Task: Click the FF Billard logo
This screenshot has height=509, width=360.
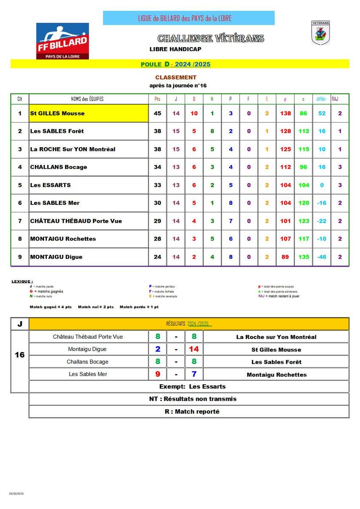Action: (x=62, y=41)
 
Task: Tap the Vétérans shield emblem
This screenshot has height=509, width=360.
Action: (x=321, y=33)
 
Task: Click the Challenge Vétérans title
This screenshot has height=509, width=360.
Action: (x=211, y=39)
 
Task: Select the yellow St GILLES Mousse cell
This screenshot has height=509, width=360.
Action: (x=88, y=113)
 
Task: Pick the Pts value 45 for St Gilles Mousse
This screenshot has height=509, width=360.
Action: (x=157, y=113)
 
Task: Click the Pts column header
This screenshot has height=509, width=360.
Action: (x=157, y=99)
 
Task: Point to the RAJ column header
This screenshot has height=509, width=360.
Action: (x=340, y=99)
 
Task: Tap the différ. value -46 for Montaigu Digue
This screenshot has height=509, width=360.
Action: (x=322, y=257)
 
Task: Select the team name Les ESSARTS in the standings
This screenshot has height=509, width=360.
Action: (x=51, y=185)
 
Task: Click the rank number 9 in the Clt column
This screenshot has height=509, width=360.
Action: (x=20, y=257)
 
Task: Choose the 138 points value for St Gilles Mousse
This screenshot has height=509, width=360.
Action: (x=286, y=113)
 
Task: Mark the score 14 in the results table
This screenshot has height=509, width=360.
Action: (x=194, y=349)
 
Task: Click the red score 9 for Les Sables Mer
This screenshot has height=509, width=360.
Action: (x=157, y=374)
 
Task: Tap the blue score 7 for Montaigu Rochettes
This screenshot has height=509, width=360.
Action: (x=194, y=374)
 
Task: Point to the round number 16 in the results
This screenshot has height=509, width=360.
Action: (x=20, y=355)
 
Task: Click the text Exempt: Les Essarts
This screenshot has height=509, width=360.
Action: (x=192, y=386)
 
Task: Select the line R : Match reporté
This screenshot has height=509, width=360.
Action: (x=192, y=411)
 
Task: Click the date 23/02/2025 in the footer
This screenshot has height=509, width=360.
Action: (x=17, y=494)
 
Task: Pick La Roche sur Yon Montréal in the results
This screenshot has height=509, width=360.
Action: (x=276, y=337)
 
